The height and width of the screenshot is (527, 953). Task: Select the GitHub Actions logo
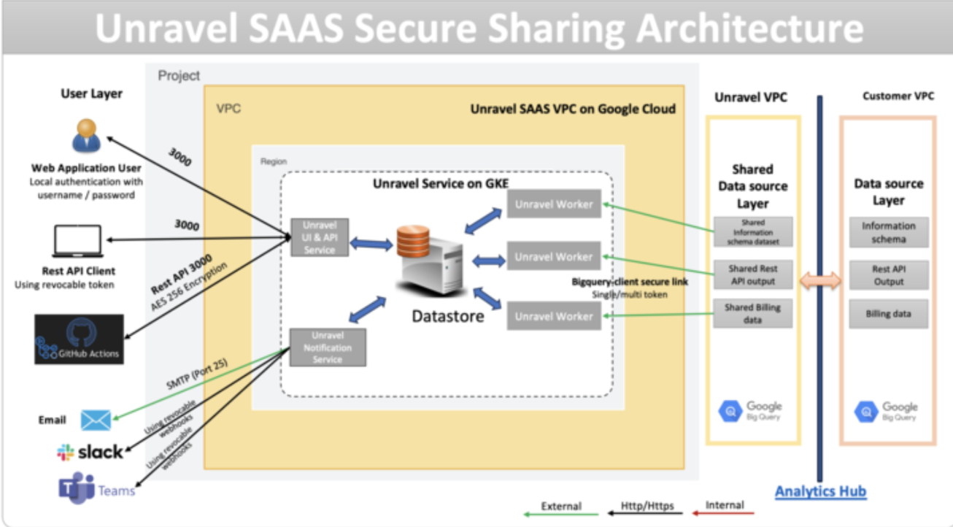coord(79,339)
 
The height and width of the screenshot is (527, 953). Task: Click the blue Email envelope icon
coord(96,420)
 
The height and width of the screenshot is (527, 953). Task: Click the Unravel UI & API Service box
coord(319,236)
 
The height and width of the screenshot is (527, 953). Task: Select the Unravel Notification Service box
coord(328,347)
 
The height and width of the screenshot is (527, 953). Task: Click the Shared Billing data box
coord(752,314)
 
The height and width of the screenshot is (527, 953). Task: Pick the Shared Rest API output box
coord(752,275)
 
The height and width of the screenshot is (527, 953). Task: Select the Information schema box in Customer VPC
coord(888,233)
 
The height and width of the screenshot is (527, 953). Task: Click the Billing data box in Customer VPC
coord(888,314)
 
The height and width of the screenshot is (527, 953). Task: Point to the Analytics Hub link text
coord(820,491)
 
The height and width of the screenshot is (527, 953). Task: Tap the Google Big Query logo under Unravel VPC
coord(751,411)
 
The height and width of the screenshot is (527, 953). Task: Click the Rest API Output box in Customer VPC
coord(888,275)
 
